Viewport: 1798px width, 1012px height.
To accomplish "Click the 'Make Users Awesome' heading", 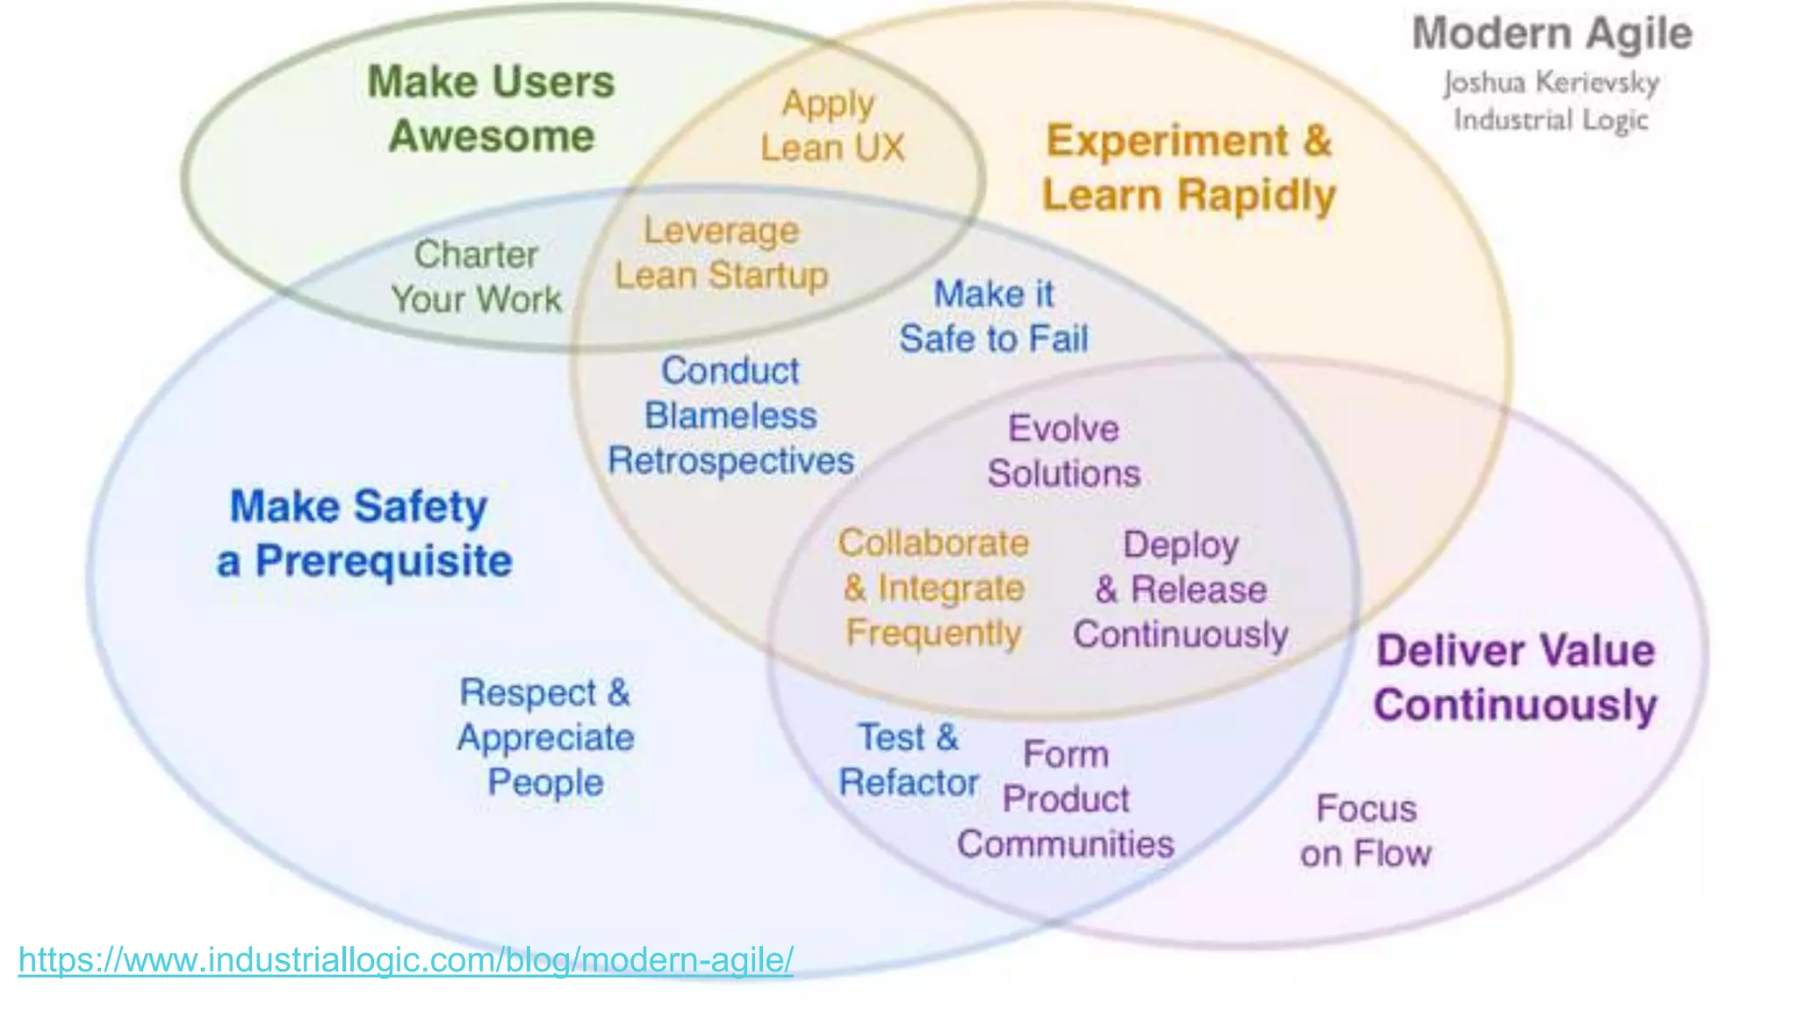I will coord(492,109).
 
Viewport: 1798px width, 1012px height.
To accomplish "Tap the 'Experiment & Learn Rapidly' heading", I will coord(1189,168).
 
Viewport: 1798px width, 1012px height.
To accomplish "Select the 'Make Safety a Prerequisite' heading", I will coord(363,533).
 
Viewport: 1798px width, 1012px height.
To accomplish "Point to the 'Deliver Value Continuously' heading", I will coord(1515,677).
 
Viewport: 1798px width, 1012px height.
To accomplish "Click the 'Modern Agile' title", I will coord(1551,34).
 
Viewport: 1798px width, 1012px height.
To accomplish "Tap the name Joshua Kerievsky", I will coord(1551,83).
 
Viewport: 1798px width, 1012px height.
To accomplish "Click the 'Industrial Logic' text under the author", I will coord(1551,119).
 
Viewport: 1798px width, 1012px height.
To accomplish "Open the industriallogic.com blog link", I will coord(406,959).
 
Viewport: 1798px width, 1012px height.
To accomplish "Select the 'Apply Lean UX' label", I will coord(831,126).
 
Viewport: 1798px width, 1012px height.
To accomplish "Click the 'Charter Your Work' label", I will coord(476,277).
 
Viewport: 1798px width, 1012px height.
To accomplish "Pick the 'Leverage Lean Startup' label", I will coord(721,253).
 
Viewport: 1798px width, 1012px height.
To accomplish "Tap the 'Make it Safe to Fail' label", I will coord(994,316).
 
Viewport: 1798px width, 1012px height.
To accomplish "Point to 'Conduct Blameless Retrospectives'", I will coord(730,416).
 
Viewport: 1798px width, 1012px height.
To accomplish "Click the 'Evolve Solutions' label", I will coord(1064,452).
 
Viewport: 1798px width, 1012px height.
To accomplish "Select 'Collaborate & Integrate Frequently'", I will coord(933,588).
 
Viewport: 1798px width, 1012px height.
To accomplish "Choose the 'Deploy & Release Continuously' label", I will coord(1181,589).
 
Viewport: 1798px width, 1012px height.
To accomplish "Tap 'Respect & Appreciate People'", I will coord(545,737).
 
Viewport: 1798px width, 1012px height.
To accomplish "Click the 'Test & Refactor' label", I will coord(909,760).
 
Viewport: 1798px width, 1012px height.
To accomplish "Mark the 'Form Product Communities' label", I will coord(1066,799).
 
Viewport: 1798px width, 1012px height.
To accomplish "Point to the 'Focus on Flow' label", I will coord(1366,831).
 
